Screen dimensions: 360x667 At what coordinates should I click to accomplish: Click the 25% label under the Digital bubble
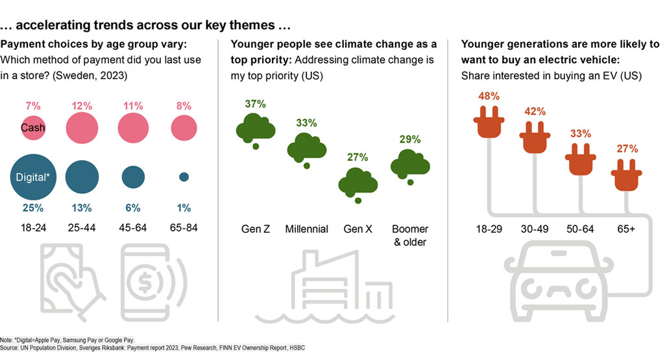[33, 208]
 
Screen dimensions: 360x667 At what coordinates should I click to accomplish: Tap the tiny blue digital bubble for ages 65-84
[184, 176]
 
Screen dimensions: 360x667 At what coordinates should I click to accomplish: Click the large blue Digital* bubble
[33, 176]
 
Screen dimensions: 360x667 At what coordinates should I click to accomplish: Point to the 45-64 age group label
[133, 228]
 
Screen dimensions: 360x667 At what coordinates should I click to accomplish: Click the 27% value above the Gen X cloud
[358, 157]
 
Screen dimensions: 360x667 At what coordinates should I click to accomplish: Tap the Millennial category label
[306, 228]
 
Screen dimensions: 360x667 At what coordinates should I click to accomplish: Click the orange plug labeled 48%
[489, 123]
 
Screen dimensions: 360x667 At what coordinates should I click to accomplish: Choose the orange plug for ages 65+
[626, 176]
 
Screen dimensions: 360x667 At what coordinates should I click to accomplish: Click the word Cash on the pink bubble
[32, 128]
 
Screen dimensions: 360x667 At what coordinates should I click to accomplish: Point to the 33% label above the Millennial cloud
[306, 122]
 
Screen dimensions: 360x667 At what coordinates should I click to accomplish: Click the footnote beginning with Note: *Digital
[67, 339]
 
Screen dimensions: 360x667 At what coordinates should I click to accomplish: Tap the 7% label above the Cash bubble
[33, 105]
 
